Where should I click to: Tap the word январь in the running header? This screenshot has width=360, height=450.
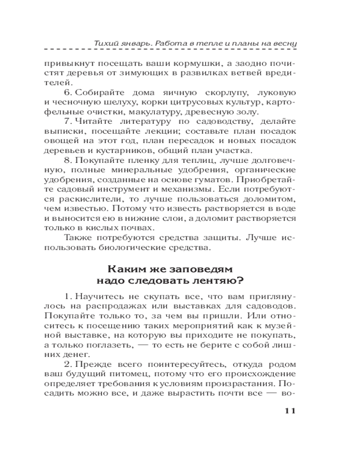pos(133,43)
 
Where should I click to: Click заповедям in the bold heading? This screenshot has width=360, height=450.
pos(198,270)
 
